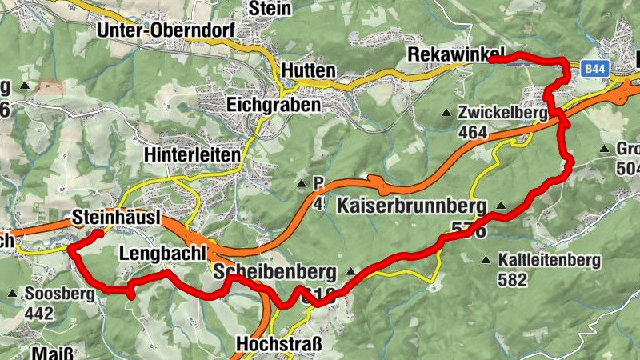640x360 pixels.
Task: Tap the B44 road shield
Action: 594,70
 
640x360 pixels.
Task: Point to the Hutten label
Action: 308,71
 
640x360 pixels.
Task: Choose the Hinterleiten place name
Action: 193,153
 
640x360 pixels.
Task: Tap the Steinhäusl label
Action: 117,217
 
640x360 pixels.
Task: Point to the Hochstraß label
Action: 278,345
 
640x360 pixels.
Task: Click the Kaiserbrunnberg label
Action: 412,206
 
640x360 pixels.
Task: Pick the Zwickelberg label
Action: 503,113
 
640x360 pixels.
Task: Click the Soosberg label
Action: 59,294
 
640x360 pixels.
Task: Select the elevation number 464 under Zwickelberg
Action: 472,132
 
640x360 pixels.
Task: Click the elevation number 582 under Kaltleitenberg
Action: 512,279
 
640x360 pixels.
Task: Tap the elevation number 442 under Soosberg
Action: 39,312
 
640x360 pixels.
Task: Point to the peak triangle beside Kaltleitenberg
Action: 486,260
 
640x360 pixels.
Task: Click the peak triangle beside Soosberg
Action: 13,294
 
